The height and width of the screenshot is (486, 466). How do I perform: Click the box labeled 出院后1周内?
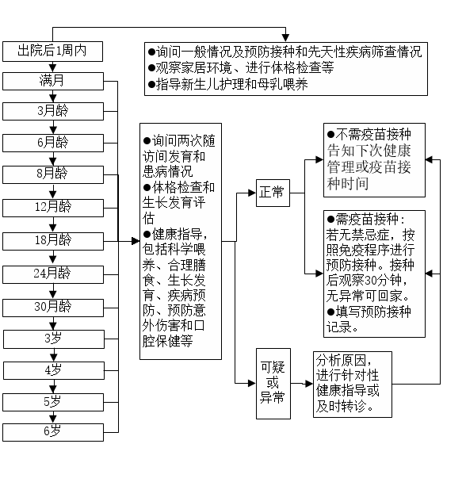click(x=52, y=52)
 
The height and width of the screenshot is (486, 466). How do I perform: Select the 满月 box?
click(x=53, y=81)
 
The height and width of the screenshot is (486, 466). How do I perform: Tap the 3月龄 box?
click(x=53, y=111)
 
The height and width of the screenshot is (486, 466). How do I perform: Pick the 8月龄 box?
click(x=53, y=174)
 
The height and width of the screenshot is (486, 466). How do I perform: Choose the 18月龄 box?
click(x=53, y=241)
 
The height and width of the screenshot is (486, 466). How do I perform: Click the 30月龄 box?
click(x=53, y=308)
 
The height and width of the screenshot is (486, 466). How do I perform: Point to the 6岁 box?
click(x=53, y=432)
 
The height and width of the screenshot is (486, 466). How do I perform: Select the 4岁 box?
click(x=54, y=370)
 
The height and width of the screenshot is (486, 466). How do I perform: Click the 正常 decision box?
click(x=273, y=193)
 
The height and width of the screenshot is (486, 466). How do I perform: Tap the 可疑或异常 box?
click(x=273, y=384)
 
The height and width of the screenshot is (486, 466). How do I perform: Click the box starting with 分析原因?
click(x=353, y=385)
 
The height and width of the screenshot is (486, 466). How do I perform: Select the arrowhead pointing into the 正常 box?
click(x=252, y=193)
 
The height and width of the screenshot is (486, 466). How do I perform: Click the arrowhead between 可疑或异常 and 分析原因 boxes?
click(x=309, y=384)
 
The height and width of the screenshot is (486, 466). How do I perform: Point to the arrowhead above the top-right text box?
click(x=285, y=38)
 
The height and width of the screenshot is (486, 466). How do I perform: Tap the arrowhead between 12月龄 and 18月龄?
click(x=53, y=228)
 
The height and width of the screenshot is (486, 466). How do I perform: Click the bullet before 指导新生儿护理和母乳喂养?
click(x=151, y=84)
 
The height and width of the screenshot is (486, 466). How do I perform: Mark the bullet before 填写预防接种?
click(x=331, y=312)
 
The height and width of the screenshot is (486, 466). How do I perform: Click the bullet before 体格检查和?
click(x=147, y=188)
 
